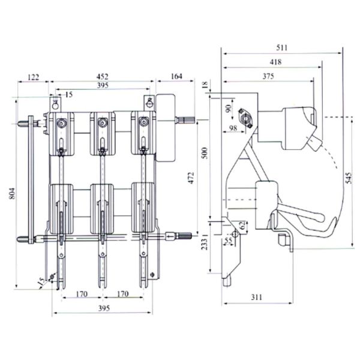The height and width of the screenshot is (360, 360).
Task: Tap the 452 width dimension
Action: [x=103, y=76]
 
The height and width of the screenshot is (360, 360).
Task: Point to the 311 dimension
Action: [x=256, y=296]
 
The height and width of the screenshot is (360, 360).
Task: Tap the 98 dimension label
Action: [x=232, y=128]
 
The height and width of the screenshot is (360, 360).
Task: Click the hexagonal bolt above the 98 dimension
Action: [x=245, y=113]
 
